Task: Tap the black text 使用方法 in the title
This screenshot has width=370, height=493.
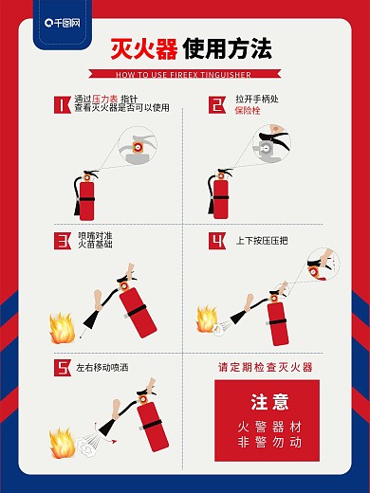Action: coord(227,49)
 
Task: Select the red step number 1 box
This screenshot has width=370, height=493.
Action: coord(62,104)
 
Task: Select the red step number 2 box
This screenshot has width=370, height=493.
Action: coord(217,104)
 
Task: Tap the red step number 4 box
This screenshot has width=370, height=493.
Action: coord(217,240)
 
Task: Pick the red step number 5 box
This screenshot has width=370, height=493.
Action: coord(62,367)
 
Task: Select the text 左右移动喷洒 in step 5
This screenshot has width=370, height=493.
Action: coord(102,367)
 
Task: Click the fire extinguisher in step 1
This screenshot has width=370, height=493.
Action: coord(87,197)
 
